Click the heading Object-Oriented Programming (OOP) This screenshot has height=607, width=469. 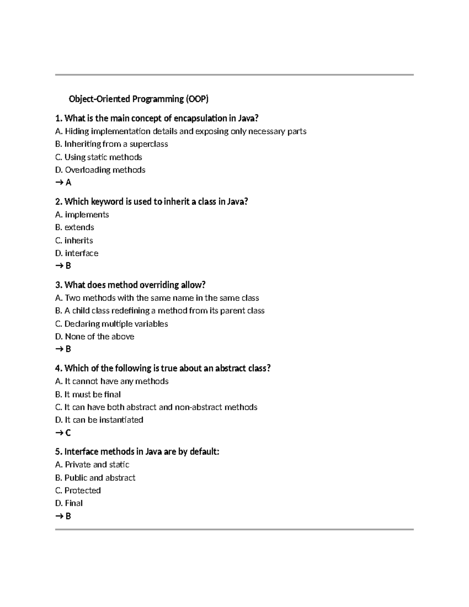(138, 99)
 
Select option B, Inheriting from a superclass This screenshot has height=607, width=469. (112, 144)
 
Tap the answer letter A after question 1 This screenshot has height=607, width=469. (68, 182)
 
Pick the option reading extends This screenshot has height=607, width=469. (79, 227)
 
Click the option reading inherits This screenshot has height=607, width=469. (79, 240)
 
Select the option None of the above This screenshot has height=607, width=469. (99, 337)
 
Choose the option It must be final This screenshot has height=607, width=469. (92, 394)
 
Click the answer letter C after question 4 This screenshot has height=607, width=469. (68, 433)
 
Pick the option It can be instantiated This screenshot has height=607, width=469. (104, 420)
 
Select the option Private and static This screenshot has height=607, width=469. (97, 464)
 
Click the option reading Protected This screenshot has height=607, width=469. (82, 490)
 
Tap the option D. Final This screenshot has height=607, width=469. (73, 503)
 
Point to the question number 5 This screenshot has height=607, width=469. (58, 452)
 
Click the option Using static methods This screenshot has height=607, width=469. (103, 157)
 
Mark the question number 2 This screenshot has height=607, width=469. (58, 202)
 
